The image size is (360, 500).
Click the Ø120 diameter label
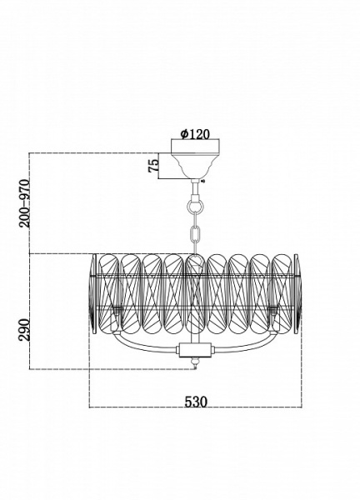pos(195,134)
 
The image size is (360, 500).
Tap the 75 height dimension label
pos(153,166)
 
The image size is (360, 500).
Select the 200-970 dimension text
pos(24,203)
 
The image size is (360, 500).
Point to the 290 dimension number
pos(24,329)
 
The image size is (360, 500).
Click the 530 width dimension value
pos(196,402)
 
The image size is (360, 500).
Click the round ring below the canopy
pos(195,206)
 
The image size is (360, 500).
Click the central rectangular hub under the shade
pos(195,350)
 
